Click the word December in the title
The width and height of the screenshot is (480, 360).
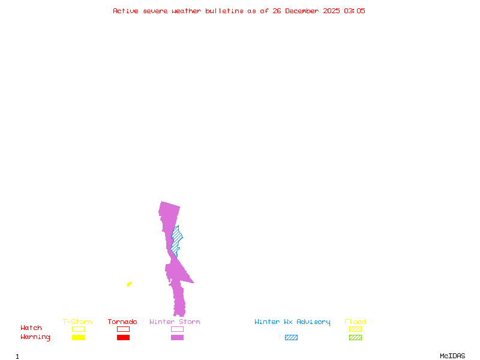(302, 11)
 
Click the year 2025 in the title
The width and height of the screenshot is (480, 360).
(331, 11)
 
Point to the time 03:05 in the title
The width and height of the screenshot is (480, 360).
(355, 11)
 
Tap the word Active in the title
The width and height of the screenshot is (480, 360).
(125, 11)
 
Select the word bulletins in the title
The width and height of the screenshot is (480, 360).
(224, 11)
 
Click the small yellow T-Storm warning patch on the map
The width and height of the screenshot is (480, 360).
(130, 284)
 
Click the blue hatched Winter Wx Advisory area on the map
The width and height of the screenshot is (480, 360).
(176, 241)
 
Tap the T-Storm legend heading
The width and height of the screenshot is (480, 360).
(77, 322)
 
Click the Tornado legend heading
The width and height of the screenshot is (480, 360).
(122, 322)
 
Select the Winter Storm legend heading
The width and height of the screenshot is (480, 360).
(175, 322)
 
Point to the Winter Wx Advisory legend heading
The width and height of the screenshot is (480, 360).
(292, 322)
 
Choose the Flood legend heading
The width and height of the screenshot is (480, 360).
(355, 322)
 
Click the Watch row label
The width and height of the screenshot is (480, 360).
(31, 328)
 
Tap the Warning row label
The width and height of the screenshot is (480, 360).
(35, 337)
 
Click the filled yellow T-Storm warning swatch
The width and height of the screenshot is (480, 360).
(79, 337)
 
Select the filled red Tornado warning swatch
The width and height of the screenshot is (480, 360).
(124, 337)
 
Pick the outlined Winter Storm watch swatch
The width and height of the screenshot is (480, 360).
(177, 329)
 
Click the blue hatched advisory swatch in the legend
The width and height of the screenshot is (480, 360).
(291, 337)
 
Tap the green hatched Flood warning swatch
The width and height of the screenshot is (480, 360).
(355, 337)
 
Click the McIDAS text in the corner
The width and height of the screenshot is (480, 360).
(452, 356)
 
